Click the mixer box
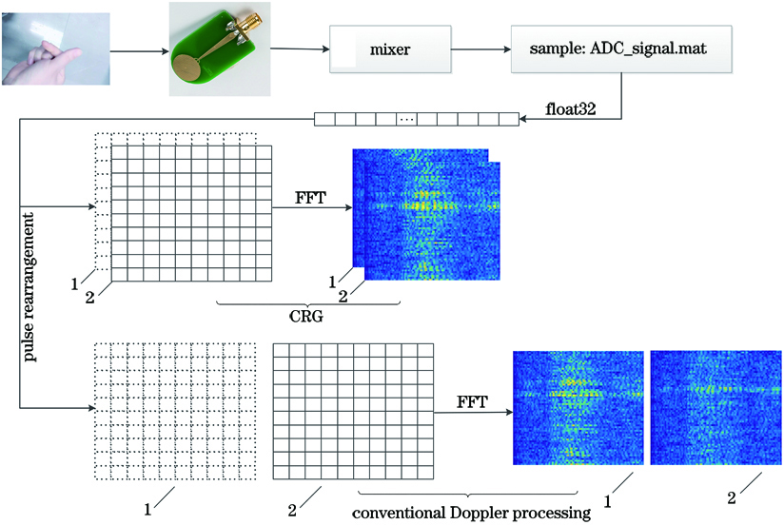pos(390,49)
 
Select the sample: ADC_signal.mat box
pos(621,49)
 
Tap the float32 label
pos(571,109)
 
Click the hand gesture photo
pos(55,49)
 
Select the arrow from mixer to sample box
pos(481,49)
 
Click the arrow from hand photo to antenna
pos(140,51)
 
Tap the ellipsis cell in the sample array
pos(406,120)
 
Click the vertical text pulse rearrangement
pos(29,287)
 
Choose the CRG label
pos(306,317)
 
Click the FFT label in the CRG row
pos(310,198)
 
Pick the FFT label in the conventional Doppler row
pos(472,402)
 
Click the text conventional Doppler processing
pos(472,513)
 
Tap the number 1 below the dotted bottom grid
pos(147,510)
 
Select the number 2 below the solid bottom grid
pos(292,510)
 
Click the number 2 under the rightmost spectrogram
pos(732,498)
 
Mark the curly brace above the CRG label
pos(308,303)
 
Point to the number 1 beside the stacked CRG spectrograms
pos(332,282)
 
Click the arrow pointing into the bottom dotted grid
pos(57,408)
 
